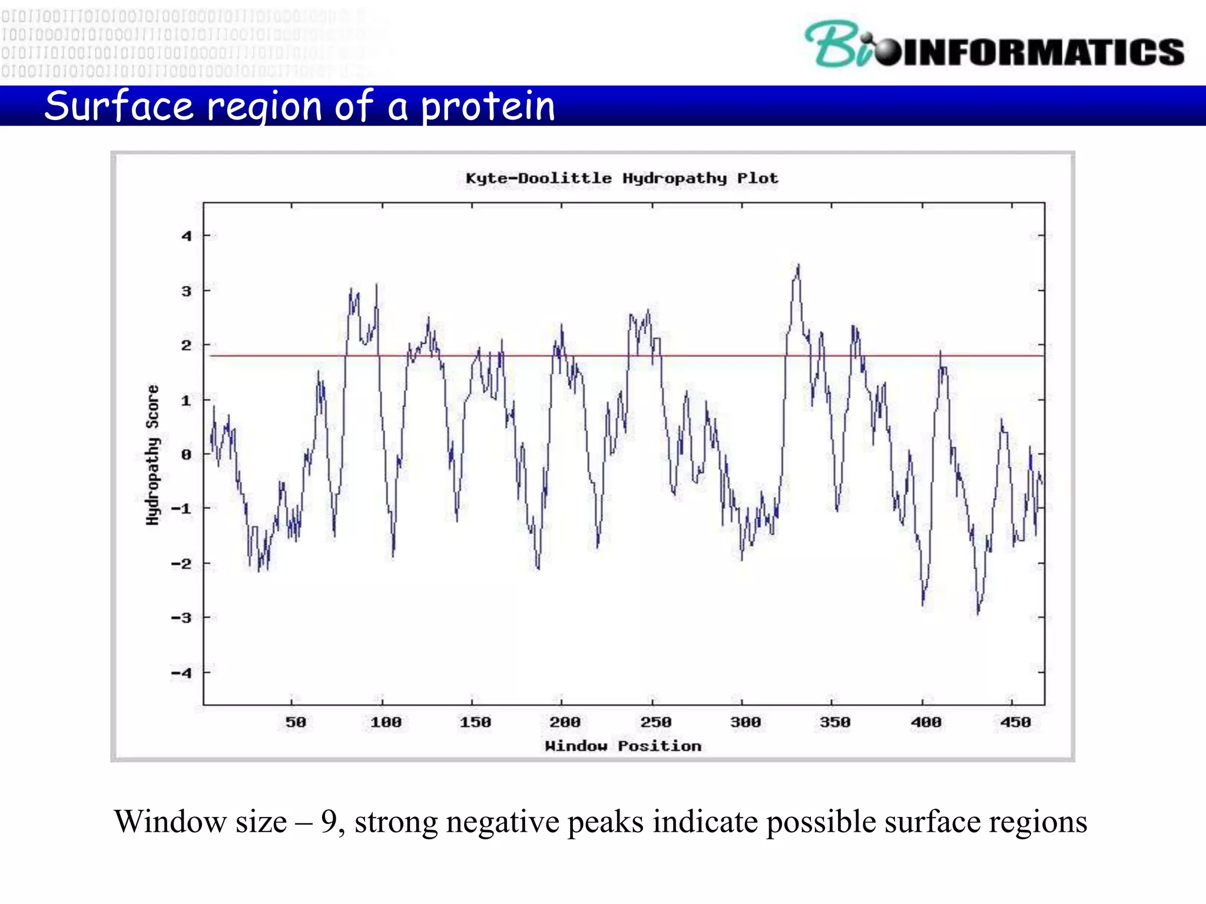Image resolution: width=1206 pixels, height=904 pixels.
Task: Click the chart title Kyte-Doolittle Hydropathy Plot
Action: tap(621, 178)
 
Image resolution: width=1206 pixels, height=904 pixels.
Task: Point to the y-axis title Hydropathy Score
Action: tap(153, 455)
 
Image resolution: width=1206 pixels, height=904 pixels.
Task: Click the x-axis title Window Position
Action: tap(623, 746)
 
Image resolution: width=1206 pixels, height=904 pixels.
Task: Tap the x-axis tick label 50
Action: tap(296, 722)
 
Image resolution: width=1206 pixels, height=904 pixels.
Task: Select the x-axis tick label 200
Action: tap(565, 722)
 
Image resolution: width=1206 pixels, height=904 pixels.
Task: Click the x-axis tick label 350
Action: tap(835, 722)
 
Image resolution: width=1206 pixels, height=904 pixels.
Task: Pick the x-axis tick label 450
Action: tap(1015, 722)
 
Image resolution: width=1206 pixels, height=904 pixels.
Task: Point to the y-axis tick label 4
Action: tap(187, 236)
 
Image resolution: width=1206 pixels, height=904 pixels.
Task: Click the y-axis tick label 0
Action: tap(186, 454)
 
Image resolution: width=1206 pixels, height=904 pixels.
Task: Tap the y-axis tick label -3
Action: tap(181, 618)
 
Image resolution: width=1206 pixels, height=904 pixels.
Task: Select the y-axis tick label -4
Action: tap(181, 673)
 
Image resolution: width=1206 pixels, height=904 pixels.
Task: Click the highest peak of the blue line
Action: tap(799, 265)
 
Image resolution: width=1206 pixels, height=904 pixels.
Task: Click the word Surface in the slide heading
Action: tap(118, 107)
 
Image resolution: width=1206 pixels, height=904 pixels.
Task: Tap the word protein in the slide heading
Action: tap(488, 107)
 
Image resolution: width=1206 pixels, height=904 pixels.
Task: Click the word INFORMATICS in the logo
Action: tap(1042, 52)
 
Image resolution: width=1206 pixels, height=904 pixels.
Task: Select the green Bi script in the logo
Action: tap(836, 44)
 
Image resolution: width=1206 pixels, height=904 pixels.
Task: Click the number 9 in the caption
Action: tap(329, 822)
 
